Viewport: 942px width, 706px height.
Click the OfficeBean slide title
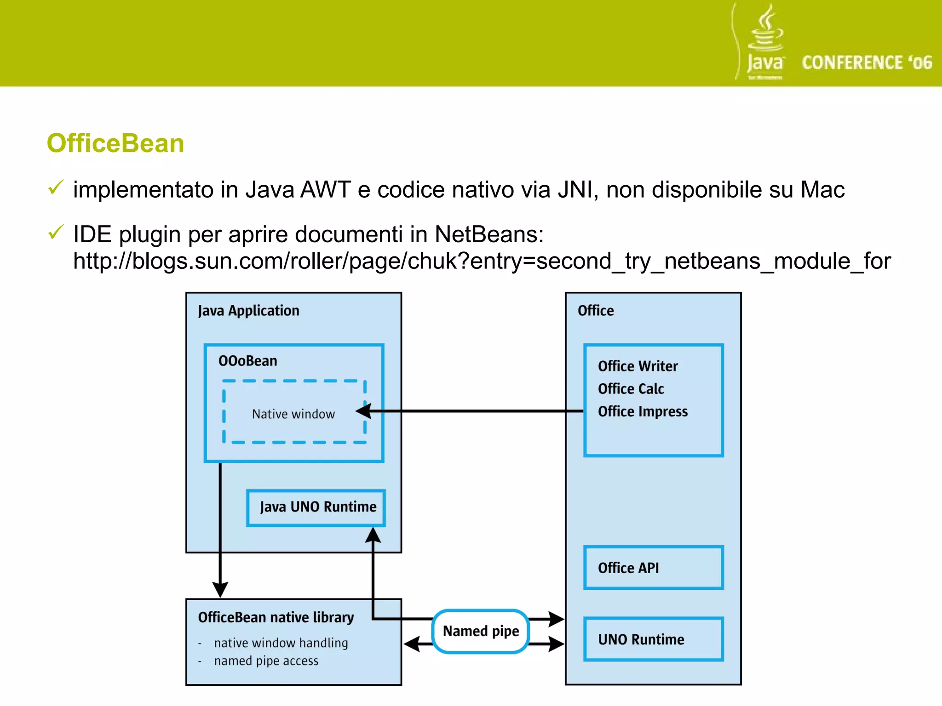pos(115,143)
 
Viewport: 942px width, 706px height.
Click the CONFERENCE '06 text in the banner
pos(867,63)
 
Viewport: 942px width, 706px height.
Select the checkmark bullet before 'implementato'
pos(56,188)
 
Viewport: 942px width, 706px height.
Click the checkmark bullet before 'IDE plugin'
pos(56,232)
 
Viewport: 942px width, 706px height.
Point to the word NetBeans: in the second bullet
pos(489,234)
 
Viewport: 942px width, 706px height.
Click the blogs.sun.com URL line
pos(482,261)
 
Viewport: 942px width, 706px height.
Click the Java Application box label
pos(248,311)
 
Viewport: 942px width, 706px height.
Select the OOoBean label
pos(247,361)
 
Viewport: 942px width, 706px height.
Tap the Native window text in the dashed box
pos(293,414)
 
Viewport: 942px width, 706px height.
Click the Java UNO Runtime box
pos(316,507)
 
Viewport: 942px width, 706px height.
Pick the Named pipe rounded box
pos(481,631)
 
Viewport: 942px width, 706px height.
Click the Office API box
pos(653,568)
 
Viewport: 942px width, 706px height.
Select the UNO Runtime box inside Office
pos(653,639)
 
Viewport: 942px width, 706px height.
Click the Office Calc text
pos(631,389)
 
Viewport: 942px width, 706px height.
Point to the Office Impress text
pos(643,411)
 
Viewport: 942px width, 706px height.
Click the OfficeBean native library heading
pos(276,617)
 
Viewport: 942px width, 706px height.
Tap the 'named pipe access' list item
pos(266,661)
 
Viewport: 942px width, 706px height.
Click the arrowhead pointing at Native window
pos(364,411)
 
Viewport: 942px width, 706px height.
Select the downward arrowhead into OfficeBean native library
pos(220,589)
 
